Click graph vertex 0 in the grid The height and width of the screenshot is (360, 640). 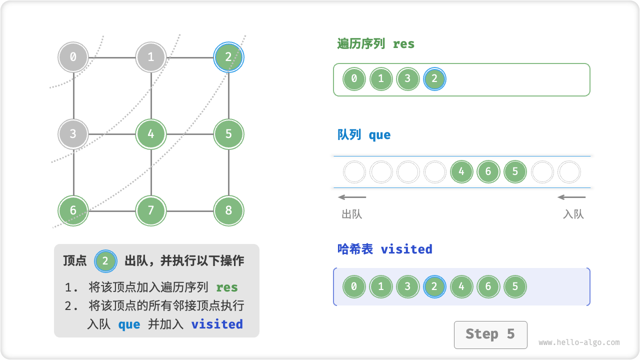[x=73, y=57]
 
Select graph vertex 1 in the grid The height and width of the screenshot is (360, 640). [x=151, y=57]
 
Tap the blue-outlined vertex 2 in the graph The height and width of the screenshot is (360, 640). [x=228, y=57]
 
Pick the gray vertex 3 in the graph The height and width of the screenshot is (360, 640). [x=73, y=134]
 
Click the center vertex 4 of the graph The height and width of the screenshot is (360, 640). [x=151, y=134]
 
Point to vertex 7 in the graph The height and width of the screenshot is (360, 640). [x=151, y=210]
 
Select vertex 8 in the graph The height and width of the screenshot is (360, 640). [x=228, y=210]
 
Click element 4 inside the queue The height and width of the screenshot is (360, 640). [x=461, y=172]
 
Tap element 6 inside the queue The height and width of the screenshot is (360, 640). [x=488, y=172]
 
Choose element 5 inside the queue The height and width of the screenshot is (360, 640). [x=515, y=172]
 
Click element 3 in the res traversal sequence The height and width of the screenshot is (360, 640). [x=407, y=79]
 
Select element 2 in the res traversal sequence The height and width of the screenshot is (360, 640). [x=434, y=79]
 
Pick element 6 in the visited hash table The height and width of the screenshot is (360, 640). [x=488, y=287]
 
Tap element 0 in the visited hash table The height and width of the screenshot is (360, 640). [x=354, y=287]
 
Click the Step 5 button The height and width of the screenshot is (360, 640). [x=490, y=334]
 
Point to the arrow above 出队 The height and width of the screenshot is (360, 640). [x=352, y=197]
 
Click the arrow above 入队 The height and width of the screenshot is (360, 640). [x=571, y=197]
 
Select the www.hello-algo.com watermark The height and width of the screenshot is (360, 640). [x=579, y=343]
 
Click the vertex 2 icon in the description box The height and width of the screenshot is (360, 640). [x=105, y=260]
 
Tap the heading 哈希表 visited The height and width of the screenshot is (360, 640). [x=384, y=249]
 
